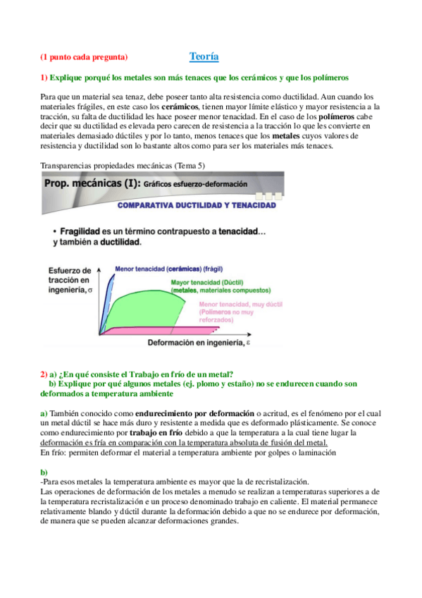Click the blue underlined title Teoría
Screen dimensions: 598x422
(x=204, y=56)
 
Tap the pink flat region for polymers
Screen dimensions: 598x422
(x=211, y=329)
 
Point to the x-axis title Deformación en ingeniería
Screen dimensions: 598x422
(x=197, y=343)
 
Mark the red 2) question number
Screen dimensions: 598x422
(x=43, y=374)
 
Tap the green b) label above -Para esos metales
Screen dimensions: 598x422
(x=44, y=472)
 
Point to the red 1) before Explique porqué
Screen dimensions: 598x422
(x=43, y=77)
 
